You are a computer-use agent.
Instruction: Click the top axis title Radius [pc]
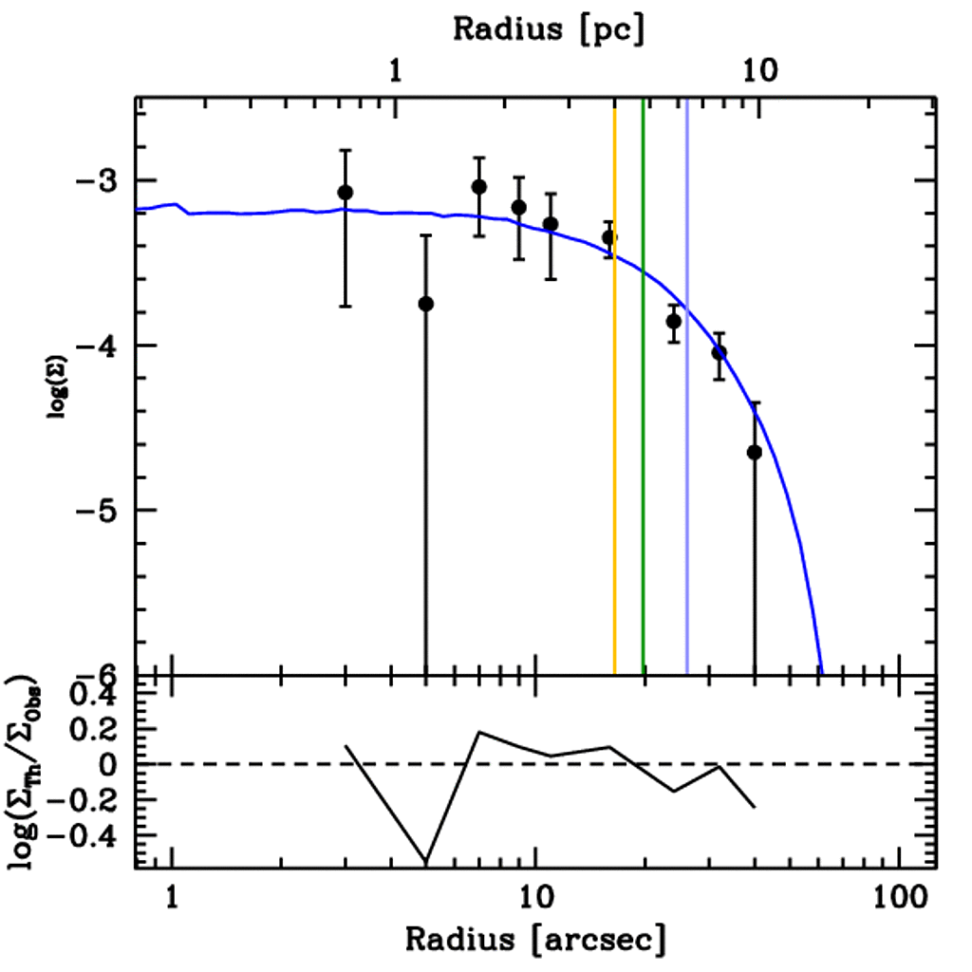pos(549,28)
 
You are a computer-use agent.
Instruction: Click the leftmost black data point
pos(345,193)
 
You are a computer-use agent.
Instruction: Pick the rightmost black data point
pos(755,453)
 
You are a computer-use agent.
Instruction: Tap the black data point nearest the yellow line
pos(609,237)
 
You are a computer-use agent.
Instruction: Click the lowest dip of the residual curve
pos(426,860)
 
